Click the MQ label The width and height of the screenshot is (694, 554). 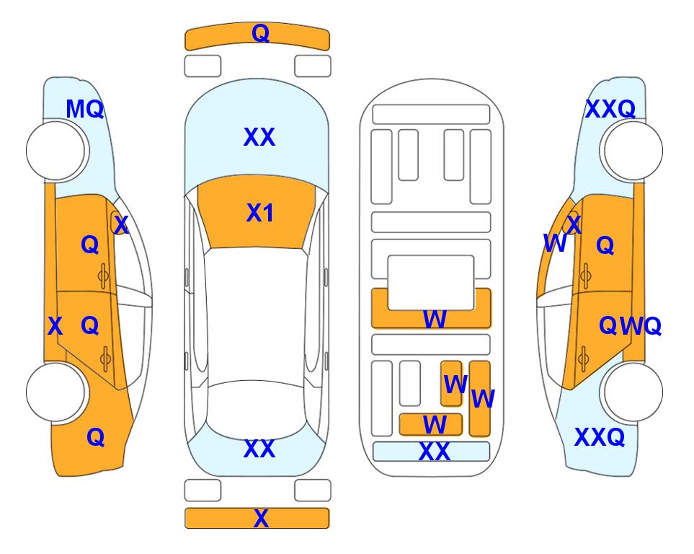click(x=84, y=109)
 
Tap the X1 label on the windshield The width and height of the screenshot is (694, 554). click(x=260, y=213)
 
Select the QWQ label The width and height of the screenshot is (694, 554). click(x=631, y=326)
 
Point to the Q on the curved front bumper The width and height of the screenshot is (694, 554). click(x=260, y=33)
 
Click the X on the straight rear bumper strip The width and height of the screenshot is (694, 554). click(x=261, y=518)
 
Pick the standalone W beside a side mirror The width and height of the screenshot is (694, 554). click(x=555, y=243)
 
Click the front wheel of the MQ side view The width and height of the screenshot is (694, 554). click(x=56, y=151)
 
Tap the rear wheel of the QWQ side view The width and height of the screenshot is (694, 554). click(x=631, y=392)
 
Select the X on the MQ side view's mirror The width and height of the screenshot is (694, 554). click(x=121, y=225)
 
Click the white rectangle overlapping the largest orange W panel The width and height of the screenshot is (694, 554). click(x=431, y=282)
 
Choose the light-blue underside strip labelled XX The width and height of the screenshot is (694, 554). click(x=432, y=452)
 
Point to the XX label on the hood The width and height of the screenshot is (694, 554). click(x=259, y=137)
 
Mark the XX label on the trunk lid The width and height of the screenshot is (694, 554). click(x=259, y=449)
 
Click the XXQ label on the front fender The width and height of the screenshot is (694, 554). click(x=610, y=109)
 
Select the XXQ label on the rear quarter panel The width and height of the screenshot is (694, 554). click(x=600, y=437)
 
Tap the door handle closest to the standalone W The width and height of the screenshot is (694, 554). click(x=586, y=276)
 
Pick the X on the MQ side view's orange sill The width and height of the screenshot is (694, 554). click(x=55, y=327)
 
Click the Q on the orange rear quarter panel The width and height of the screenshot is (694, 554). click(x=96, y=437)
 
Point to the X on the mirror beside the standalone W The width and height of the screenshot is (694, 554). click(x=574, y=224)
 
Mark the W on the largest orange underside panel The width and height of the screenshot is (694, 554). click(x=435, y=319)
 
